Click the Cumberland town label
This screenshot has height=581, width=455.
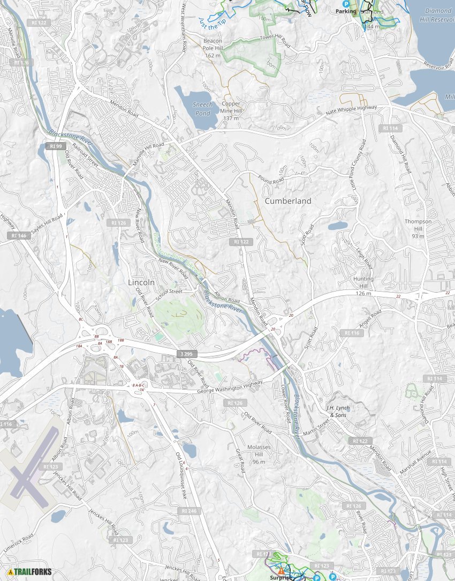click(x=287, y=201)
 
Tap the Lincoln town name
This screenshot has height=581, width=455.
click(x=141, y=282)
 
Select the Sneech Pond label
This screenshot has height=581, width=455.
click(x=202, y=109)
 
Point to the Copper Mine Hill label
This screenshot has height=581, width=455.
click(x=231, y=110)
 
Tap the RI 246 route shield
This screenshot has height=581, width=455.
click(x=189, y=511)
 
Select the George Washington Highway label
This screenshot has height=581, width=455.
click(x=230, y=387)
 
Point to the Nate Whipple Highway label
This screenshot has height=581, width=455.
click(x=351, y=110)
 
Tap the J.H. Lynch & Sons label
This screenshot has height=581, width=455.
click(x=338, y=411)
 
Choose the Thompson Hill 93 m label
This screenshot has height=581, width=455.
click(x=418, y=228)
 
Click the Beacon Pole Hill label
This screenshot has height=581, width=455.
click(x=213, y=48)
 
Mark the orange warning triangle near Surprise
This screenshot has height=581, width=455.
click(x=280, y=571)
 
